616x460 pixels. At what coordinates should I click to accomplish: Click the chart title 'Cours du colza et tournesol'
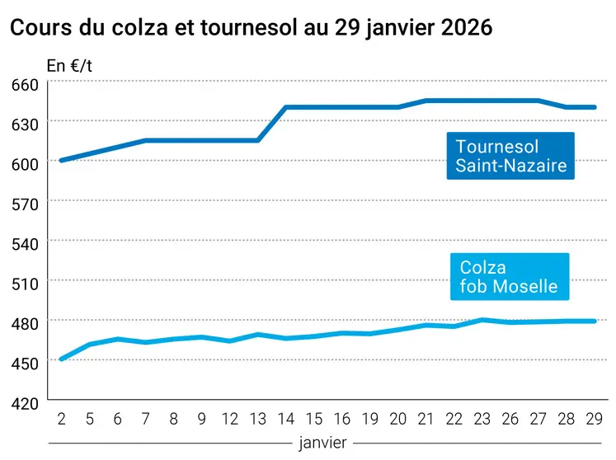pyautogui.click(x=251, y=28)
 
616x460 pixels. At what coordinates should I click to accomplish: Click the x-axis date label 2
pyautogui.click(x=61, y=420)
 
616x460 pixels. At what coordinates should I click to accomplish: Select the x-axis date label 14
pyautogui.click(x=285, y=420)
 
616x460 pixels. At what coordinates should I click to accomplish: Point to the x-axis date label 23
pyautogui.click(x=482, y=420)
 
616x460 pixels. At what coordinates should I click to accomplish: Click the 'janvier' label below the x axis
pyautogui.click(x=322, y=443)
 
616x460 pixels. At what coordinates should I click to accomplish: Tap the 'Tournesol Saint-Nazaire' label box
pyautogui.click(x=510, y=156)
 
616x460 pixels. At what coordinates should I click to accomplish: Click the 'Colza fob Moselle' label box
pyautogui.click(x=509, y=277)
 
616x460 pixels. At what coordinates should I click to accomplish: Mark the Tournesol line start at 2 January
pyautogui.click(x=61, y=160)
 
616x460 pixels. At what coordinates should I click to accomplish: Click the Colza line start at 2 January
pyautogui.click(x=61, y=359)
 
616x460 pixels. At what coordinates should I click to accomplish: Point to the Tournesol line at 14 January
pyautogui.click(x=285, y=107)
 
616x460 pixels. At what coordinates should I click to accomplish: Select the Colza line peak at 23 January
pyautogui.click(x=482, y=320)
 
